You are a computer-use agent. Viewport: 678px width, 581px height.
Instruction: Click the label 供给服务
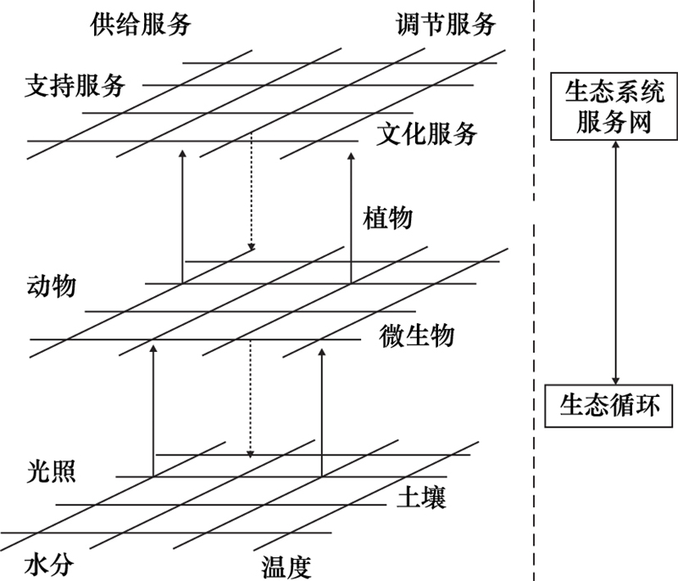pos(141,24)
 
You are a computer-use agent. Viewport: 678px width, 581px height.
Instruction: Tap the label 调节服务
pos(445,24)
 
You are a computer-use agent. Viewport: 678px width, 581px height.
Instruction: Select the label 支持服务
pos(75,85)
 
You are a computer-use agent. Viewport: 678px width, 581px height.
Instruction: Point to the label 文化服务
pos(427,133)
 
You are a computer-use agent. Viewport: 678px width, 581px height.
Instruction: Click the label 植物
pos(387,217)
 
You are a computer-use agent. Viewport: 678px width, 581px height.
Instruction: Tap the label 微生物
pos(417,335)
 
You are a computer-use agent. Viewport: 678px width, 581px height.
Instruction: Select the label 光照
pos(51,472)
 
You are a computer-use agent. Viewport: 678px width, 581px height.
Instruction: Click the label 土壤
pos(421,497)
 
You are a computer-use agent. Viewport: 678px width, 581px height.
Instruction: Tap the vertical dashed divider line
pos(533,288)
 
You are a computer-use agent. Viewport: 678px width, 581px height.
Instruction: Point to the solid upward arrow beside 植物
pos(350,216)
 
